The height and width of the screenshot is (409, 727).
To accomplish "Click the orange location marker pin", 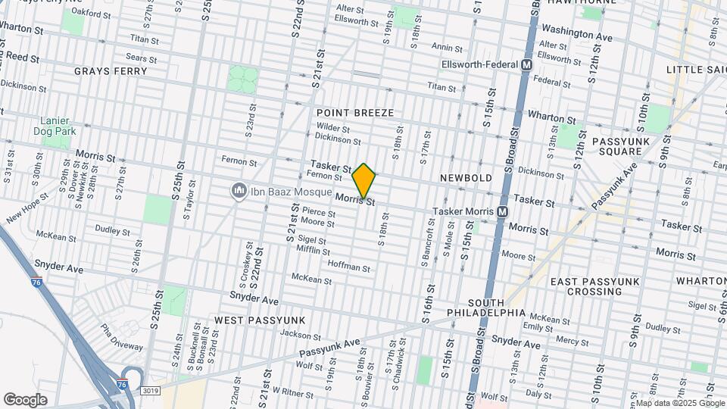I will pyautogui.click(x=363, y=181).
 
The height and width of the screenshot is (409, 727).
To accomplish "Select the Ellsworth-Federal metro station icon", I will pyautogui.click(x=526, y=65).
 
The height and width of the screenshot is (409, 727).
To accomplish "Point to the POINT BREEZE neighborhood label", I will pyautogui.click(x=355, y=113).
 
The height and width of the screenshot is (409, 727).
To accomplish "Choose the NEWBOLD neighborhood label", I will pyautogui.click(x=466, y=178).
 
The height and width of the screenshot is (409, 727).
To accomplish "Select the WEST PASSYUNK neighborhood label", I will pyautogui.click(x=260, y=320).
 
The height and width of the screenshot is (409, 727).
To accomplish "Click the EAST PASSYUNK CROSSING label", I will pyautogui.click(x=596, y=286).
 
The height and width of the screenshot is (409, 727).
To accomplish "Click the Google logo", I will pyautogui.click(x=25, y=400).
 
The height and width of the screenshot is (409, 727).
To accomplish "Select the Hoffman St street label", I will pyautogui.click(x=349, y=268).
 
